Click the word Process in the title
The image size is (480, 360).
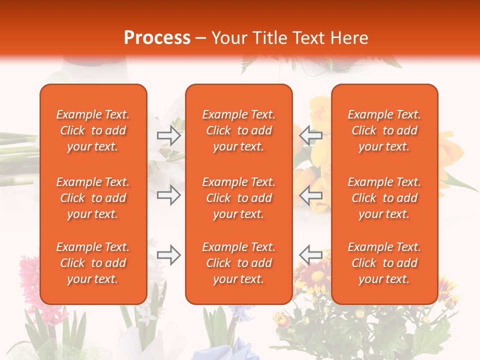point(157,38)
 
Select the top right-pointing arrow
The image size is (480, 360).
point(168,135)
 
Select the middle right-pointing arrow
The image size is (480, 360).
point(168,195)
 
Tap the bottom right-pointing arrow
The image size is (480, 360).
point(168,255)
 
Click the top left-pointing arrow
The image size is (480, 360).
point(310,135)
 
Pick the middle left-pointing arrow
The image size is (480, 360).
point(310,195)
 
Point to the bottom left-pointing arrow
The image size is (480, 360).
point(310,255)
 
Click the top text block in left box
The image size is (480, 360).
point(93,130)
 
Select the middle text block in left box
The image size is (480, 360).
point(93,198)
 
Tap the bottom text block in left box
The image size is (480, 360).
point(93,263)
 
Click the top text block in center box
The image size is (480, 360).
point(239,130)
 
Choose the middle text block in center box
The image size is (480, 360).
point(239,198)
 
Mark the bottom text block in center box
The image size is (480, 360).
point(239,263)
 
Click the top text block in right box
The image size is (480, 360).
point(384,130)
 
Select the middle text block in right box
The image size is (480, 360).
point(384,198)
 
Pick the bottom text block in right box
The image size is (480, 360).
point(384,263)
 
